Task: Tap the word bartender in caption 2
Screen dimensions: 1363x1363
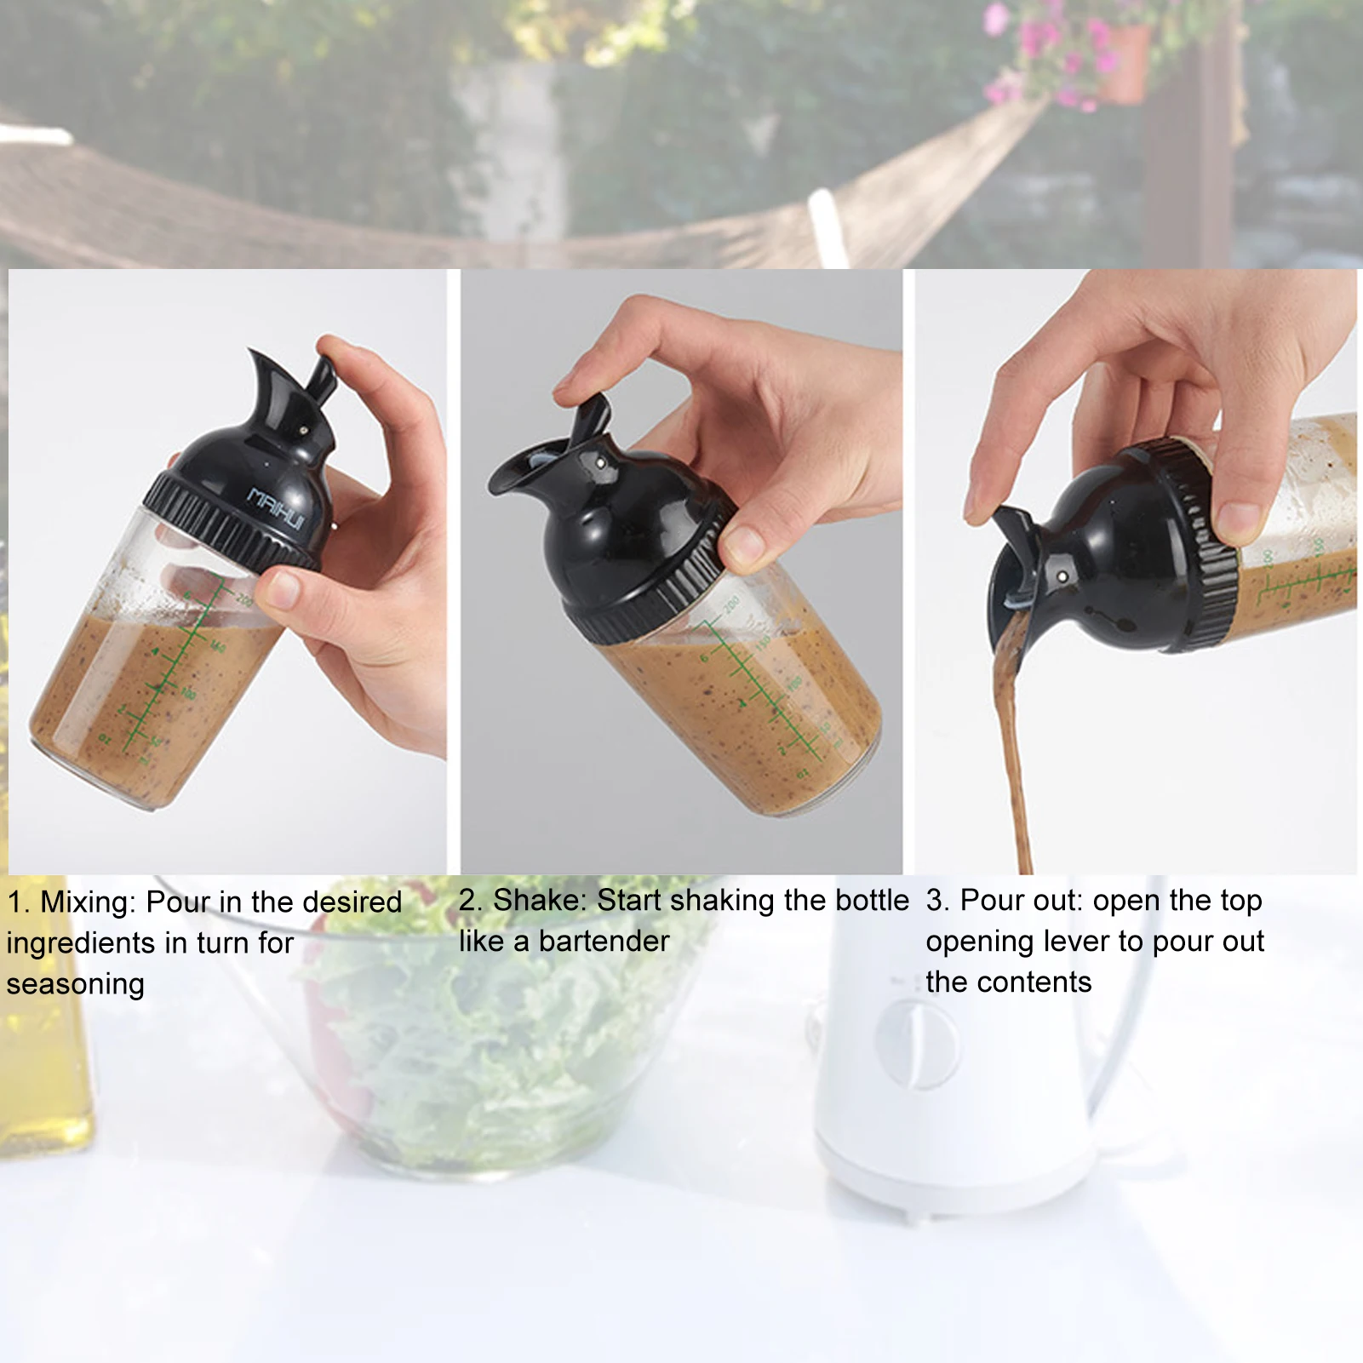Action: coord(604,942)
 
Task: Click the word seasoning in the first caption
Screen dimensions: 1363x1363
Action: coord(75,984)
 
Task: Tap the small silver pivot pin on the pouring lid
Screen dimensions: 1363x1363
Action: coord(1063,577)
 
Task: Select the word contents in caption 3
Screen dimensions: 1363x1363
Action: coord(1038,982)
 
